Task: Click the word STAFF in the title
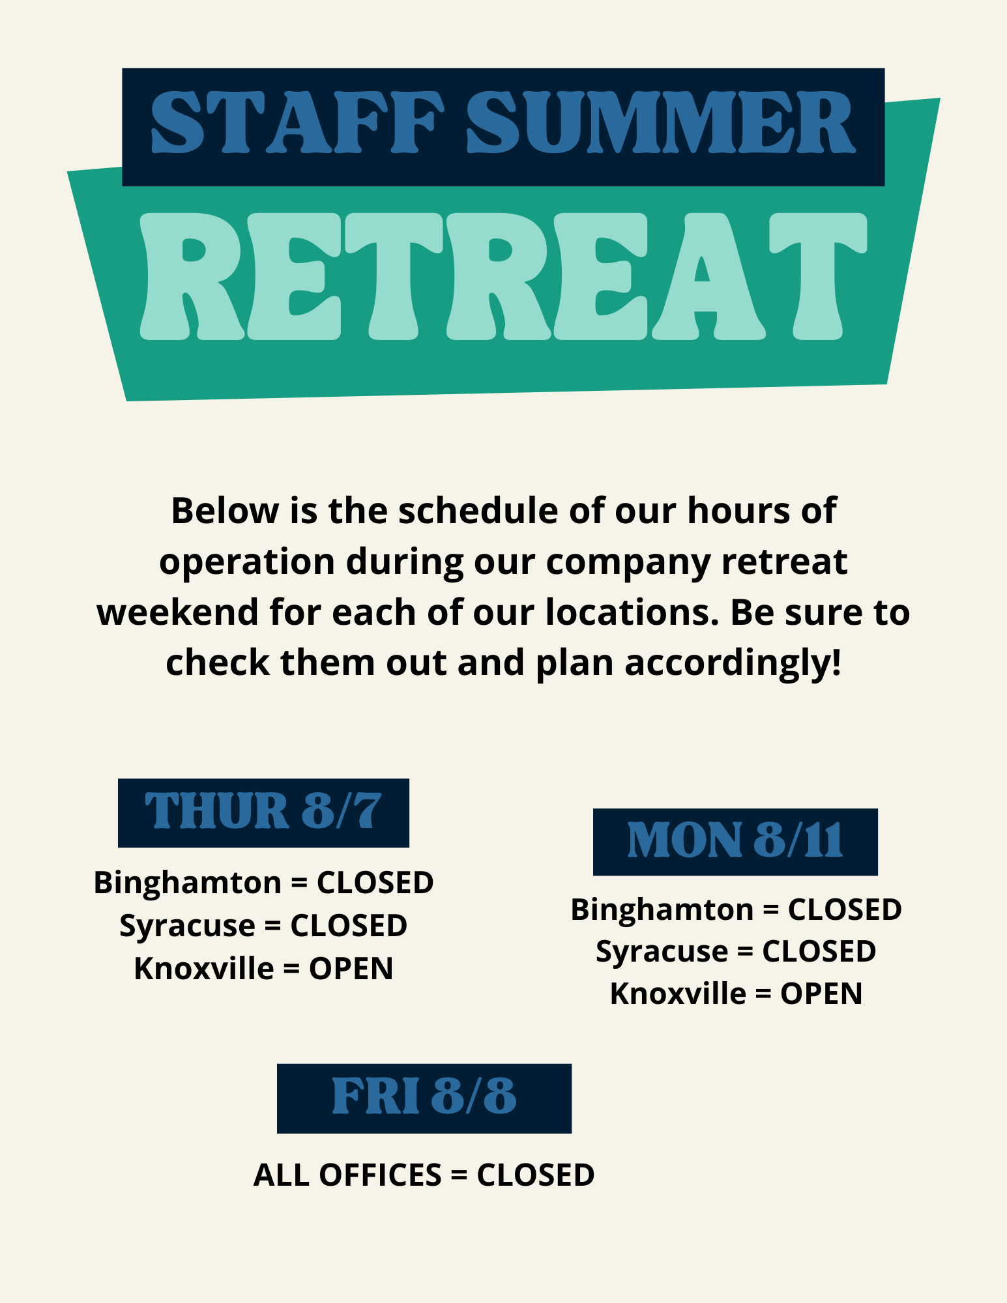point(297,121)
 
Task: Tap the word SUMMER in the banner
point(660,121)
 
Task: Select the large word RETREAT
point(503,276)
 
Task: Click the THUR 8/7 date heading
point(263,812)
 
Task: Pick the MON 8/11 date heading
point(735,840)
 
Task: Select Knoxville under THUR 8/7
point(204,969)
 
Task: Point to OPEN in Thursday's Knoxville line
point(351,969)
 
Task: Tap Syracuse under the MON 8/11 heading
point(662,952)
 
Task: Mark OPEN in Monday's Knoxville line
point(821,994)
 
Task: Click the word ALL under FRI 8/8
point(281,1175)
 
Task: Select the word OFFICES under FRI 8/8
point(380,1175)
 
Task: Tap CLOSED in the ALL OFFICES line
point(536,1175)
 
